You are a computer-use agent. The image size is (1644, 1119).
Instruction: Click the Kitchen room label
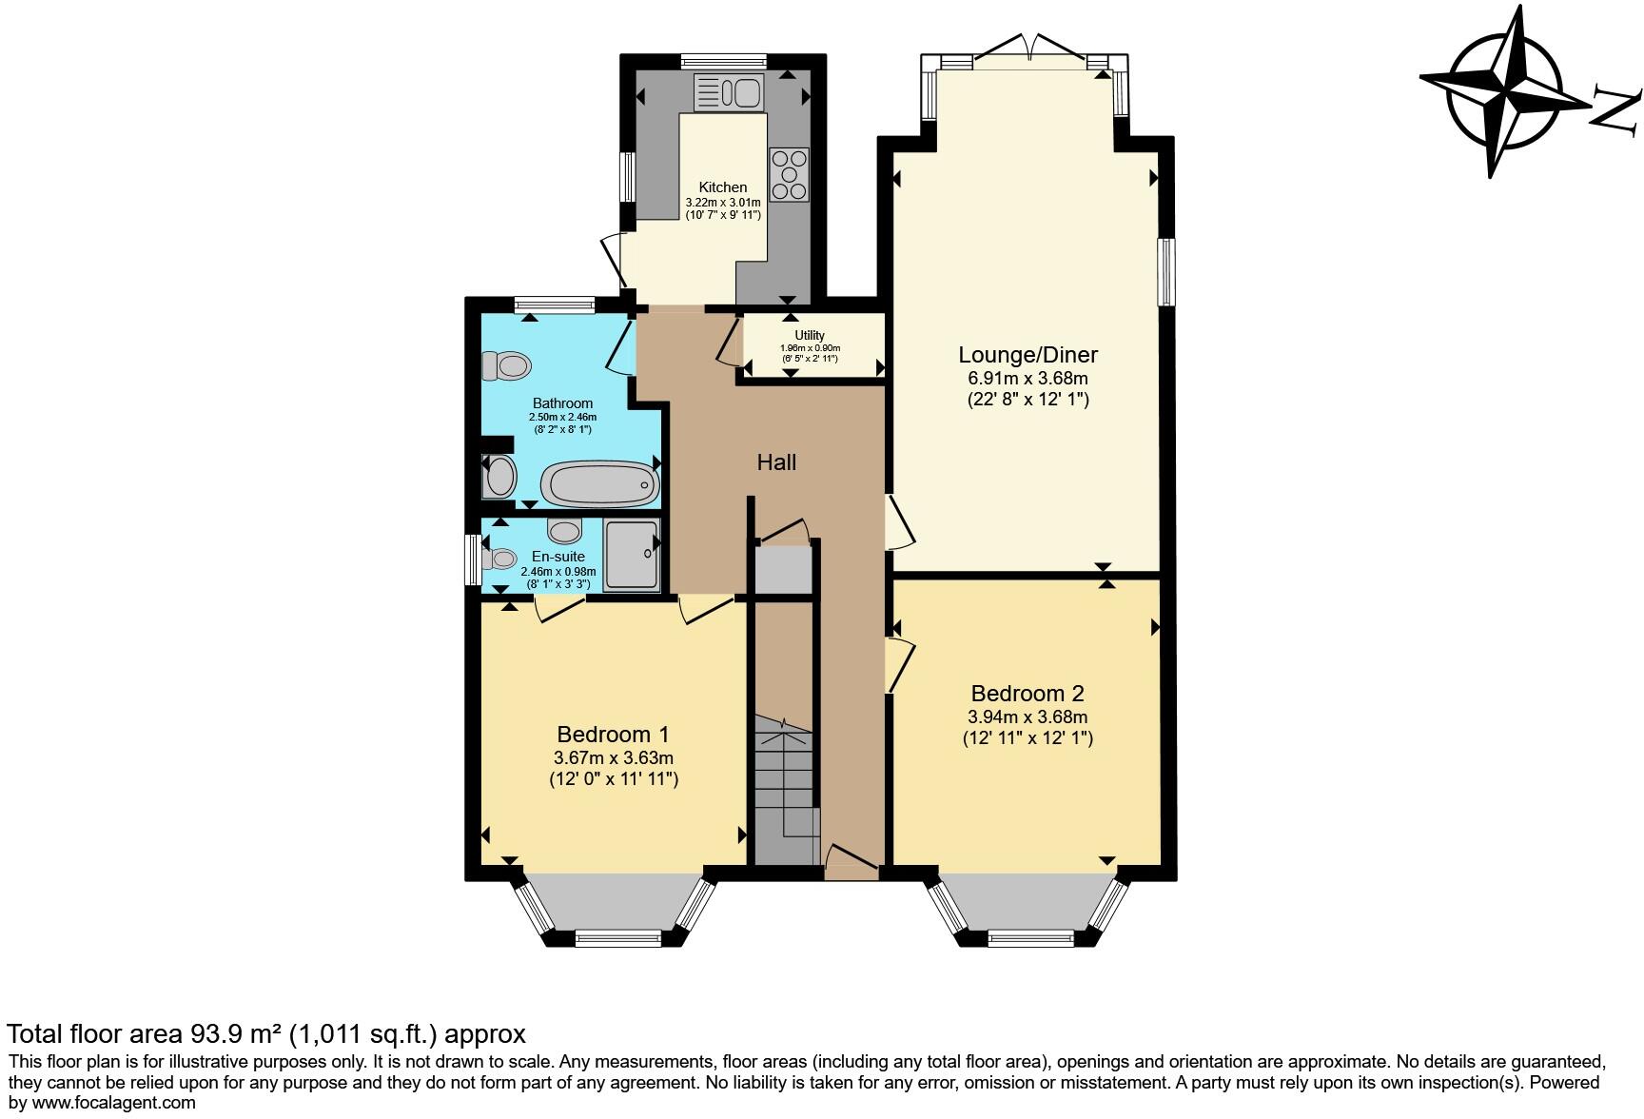click(723, 187)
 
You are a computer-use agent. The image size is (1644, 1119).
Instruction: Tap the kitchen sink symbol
click(729, 93)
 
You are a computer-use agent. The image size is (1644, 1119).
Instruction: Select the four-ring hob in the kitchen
click(789, 175)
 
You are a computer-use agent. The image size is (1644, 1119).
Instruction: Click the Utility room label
click(810, 336)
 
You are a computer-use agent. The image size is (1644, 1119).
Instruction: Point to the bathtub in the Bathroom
click(599, 483)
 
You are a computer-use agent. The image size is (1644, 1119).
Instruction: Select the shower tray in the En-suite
click(631, 555)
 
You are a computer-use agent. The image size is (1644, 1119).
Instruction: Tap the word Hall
click(776, 462)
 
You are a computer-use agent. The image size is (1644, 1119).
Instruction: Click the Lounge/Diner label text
click(1027, 355)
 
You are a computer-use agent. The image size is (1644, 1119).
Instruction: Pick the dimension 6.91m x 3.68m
click(1027, 379)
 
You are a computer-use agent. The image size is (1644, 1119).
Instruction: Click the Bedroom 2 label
click(1027, 694)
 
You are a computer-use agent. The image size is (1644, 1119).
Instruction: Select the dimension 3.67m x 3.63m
click(614, 758)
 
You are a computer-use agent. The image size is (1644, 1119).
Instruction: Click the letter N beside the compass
click(1616, 109)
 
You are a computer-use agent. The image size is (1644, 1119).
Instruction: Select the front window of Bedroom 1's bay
click(617, 939)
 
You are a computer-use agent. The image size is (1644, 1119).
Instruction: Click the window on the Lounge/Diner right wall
click(1165, 272)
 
